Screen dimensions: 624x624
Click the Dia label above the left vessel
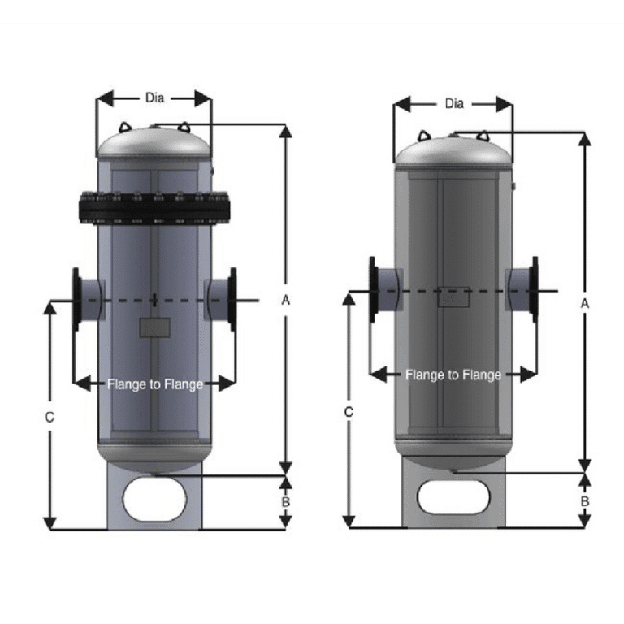(154, 97)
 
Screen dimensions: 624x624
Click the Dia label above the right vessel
(454, 103)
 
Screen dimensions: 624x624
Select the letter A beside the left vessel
(285, 300)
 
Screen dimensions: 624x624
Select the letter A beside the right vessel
(584, 302)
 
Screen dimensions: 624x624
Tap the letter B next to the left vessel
(285, 502)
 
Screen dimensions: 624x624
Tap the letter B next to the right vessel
(584, 501)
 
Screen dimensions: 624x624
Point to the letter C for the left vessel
(50, 417)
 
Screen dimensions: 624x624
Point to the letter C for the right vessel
(349, 412)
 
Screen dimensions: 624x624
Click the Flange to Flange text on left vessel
(154, 383)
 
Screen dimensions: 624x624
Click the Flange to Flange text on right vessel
(453, 375)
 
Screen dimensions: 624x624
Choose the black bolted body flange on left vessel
(154, 208)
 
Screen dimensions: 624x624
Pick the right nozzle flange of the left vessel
(232, 298)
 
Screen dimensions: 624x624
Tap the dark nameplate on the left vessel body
(154, 327)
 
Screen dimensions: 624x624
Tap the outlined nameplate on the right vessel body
(453, 297)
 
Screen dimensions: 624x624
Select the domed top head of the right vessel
(453, 151)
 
